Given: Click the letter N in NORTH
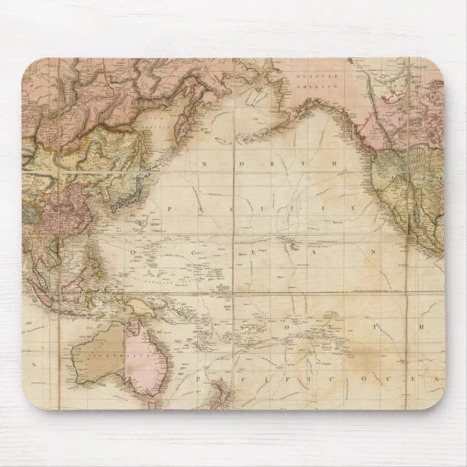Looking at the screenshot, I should tap(204, 165).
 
